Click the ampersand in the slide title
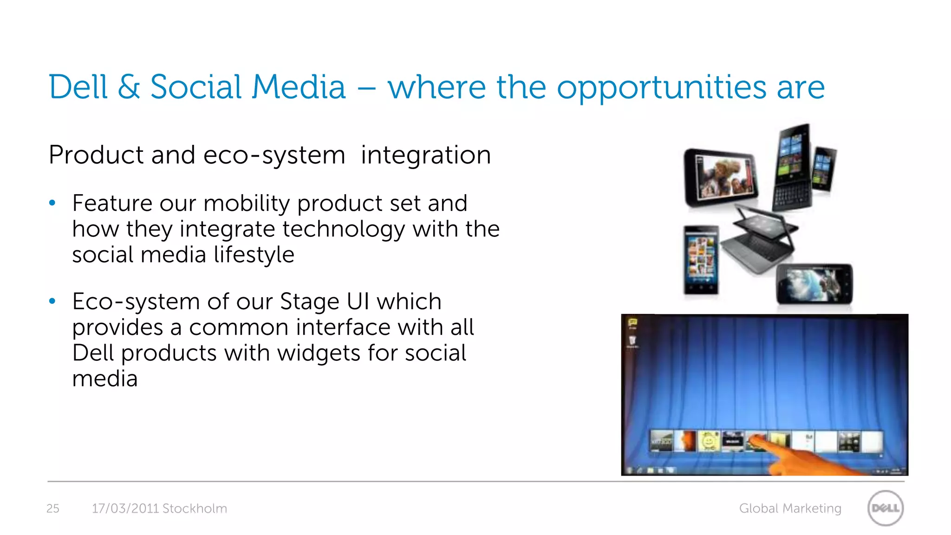129,87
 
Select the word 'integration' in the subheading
426,155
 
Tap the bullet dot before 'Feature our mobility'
52,203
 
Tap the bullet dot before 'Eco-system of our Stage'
52,301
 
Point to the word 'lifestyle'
254,255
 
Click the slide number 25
53,509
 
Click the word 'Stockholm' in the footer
195,509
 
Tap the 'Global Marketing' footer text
790,509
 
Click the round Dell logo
886,508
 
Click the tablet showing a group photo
721,177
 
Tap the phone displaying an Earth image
814,284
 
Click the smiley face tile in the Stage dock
709,441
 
